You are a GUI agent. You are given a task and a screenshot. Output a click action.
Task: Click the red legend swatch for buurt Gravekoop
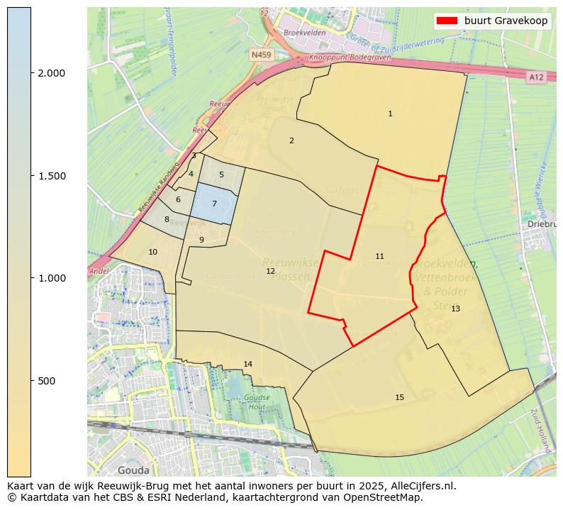447,21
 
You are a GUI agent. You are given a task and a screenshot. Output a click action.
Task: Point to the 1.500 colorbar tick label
51,176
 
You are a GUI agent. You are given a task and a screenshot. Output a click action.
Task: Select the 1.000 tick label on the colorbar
51,278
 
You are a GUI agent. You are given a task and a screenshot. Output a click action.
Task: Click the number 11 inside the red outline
379,256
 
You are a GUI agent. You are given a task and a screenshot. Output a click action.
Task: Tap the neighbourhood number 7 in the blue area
214,204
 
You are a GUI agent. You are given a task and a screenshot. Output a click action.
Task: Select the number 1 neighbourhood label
390,113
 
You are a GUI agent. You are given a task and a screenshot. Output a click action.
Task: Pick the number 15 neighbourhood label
399,397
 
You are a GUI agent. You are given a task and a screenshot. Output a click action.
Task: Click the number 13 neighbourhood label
455,309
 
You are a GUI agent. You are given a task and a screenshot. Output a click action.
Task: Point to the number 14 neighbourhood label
247,364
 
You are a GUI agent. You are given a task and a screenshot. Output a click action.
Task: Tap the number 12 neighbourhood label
270,271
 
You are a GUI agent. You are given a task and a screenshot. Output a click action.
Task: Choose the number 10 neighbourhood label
152,252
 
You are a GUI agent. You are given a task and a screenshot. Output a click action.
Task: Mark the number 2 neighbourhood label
291,140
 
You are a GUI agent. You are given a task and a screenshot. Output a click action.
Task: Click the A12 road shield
536,77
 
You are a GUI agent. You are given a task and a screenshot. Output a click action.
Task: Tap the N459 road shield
261,54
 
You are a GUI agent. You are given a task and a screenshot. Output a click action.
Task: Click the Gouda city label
133,470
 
